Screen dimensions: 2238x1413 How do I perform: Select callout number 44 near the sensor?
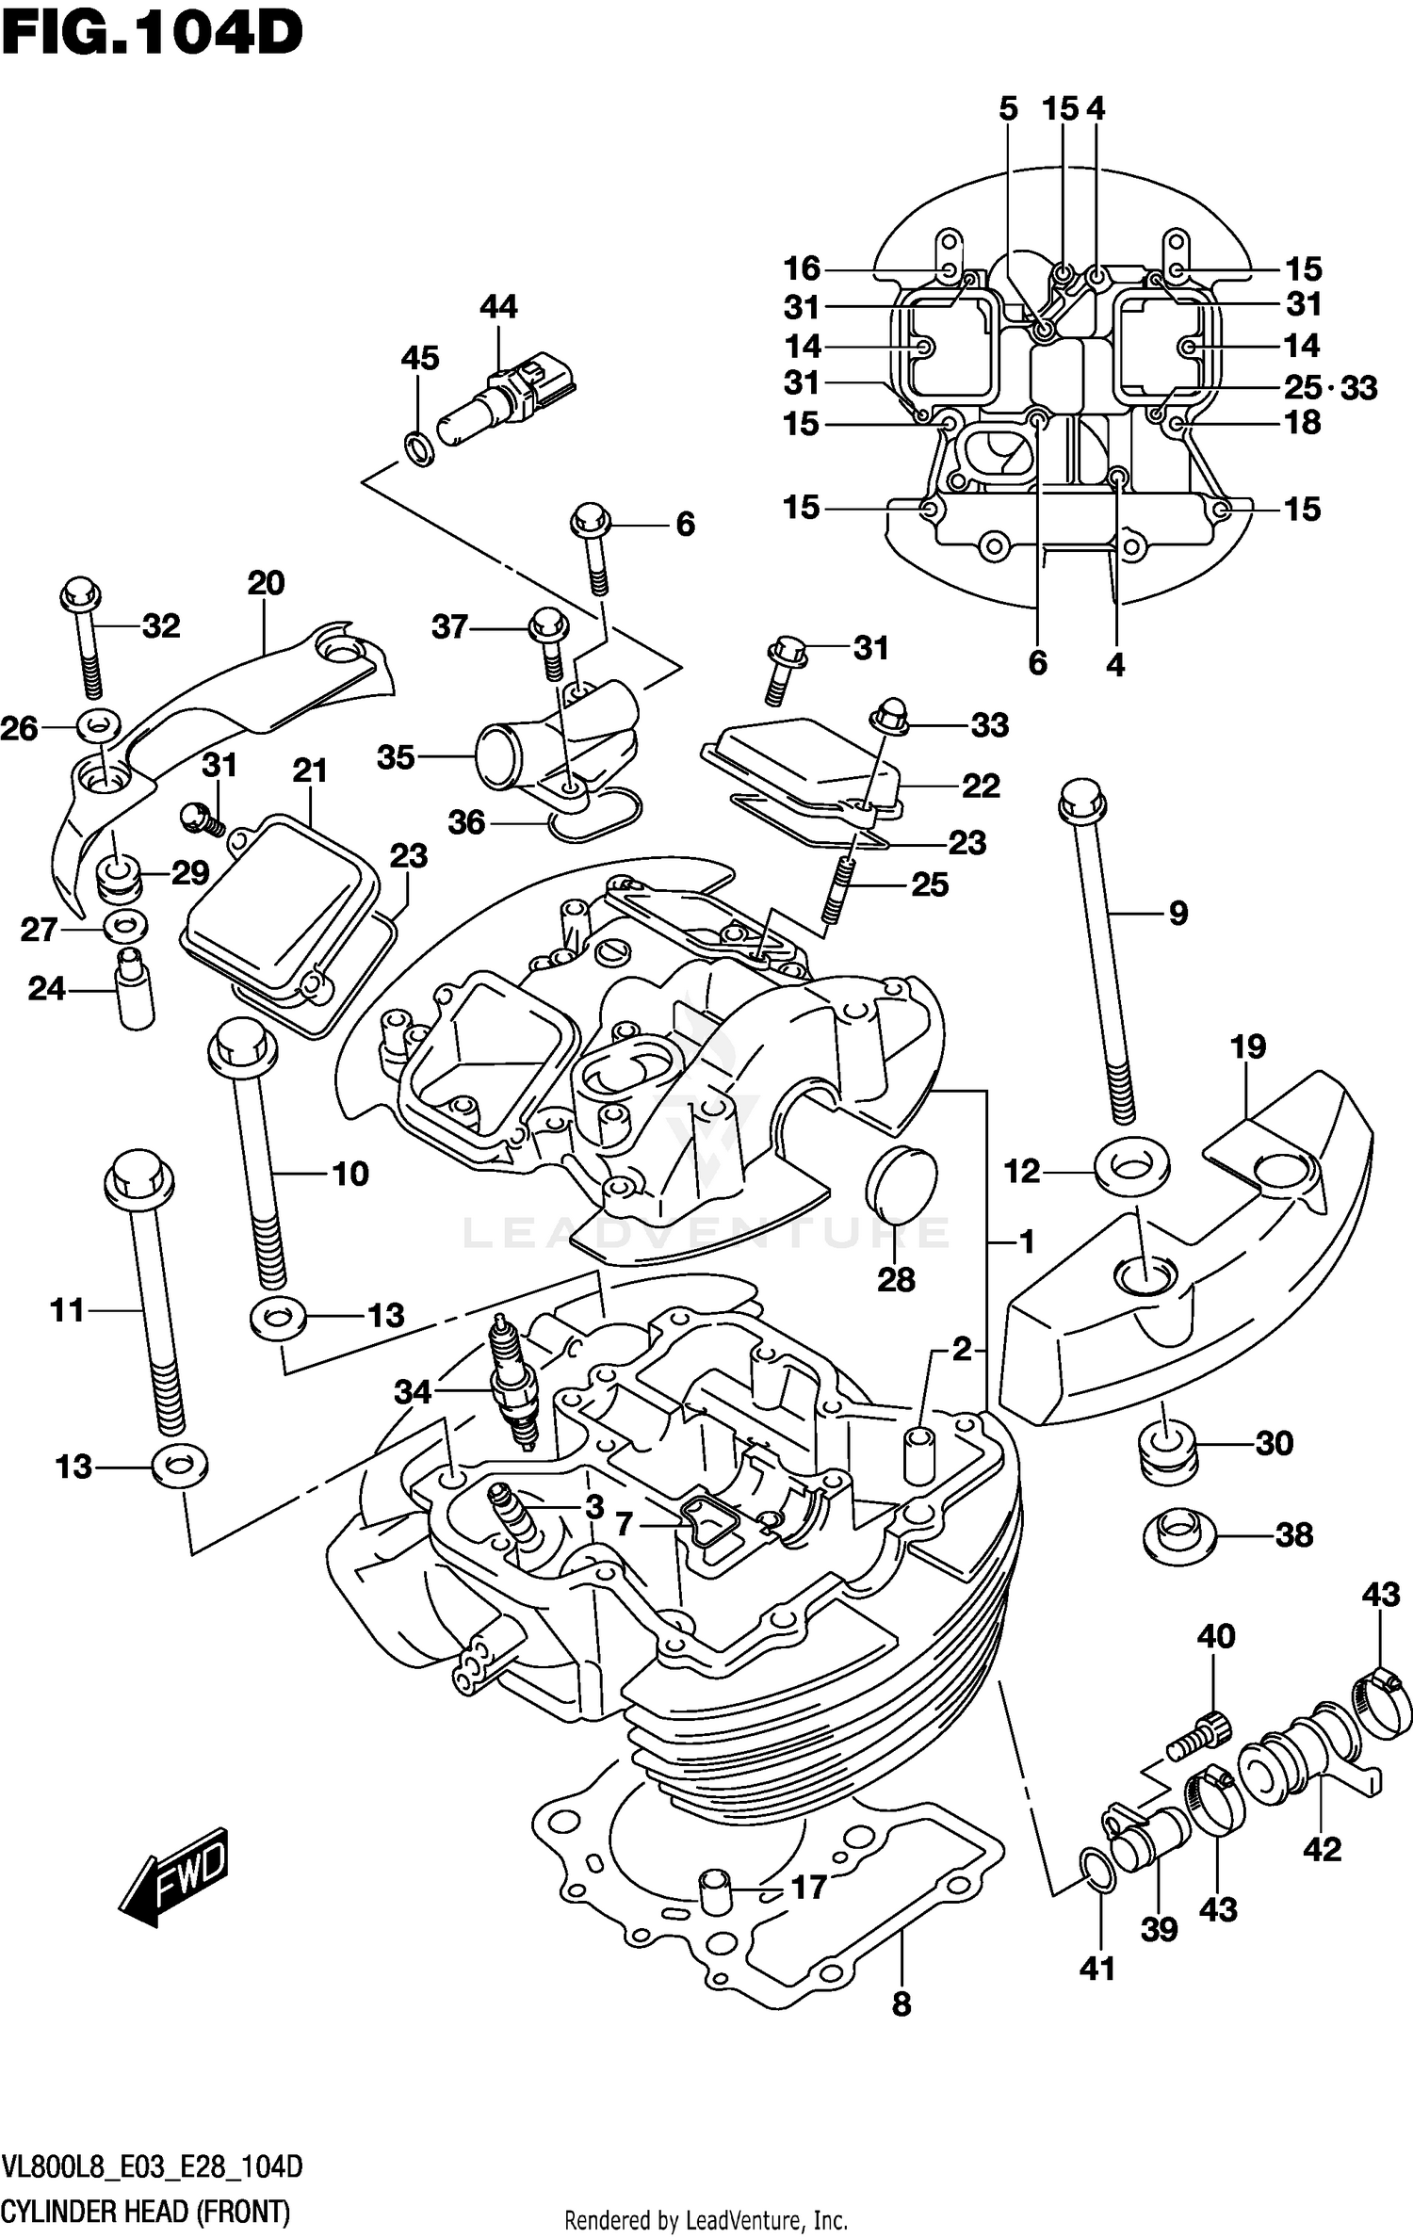498,307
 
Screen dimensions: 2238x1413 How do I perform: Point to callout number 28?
896,1279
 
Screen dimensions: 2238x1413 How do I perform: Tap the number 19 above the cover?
1247,1046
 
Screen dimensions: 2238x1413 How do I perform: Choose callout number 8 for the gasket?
901,2004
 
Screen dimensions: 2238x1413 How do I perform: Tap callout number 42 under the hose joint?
1322,1849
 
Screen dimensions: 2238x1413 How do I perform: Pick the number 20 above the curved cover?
266,583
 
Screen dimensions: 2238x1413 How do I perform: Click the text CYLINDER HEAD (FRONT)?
146,2212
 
